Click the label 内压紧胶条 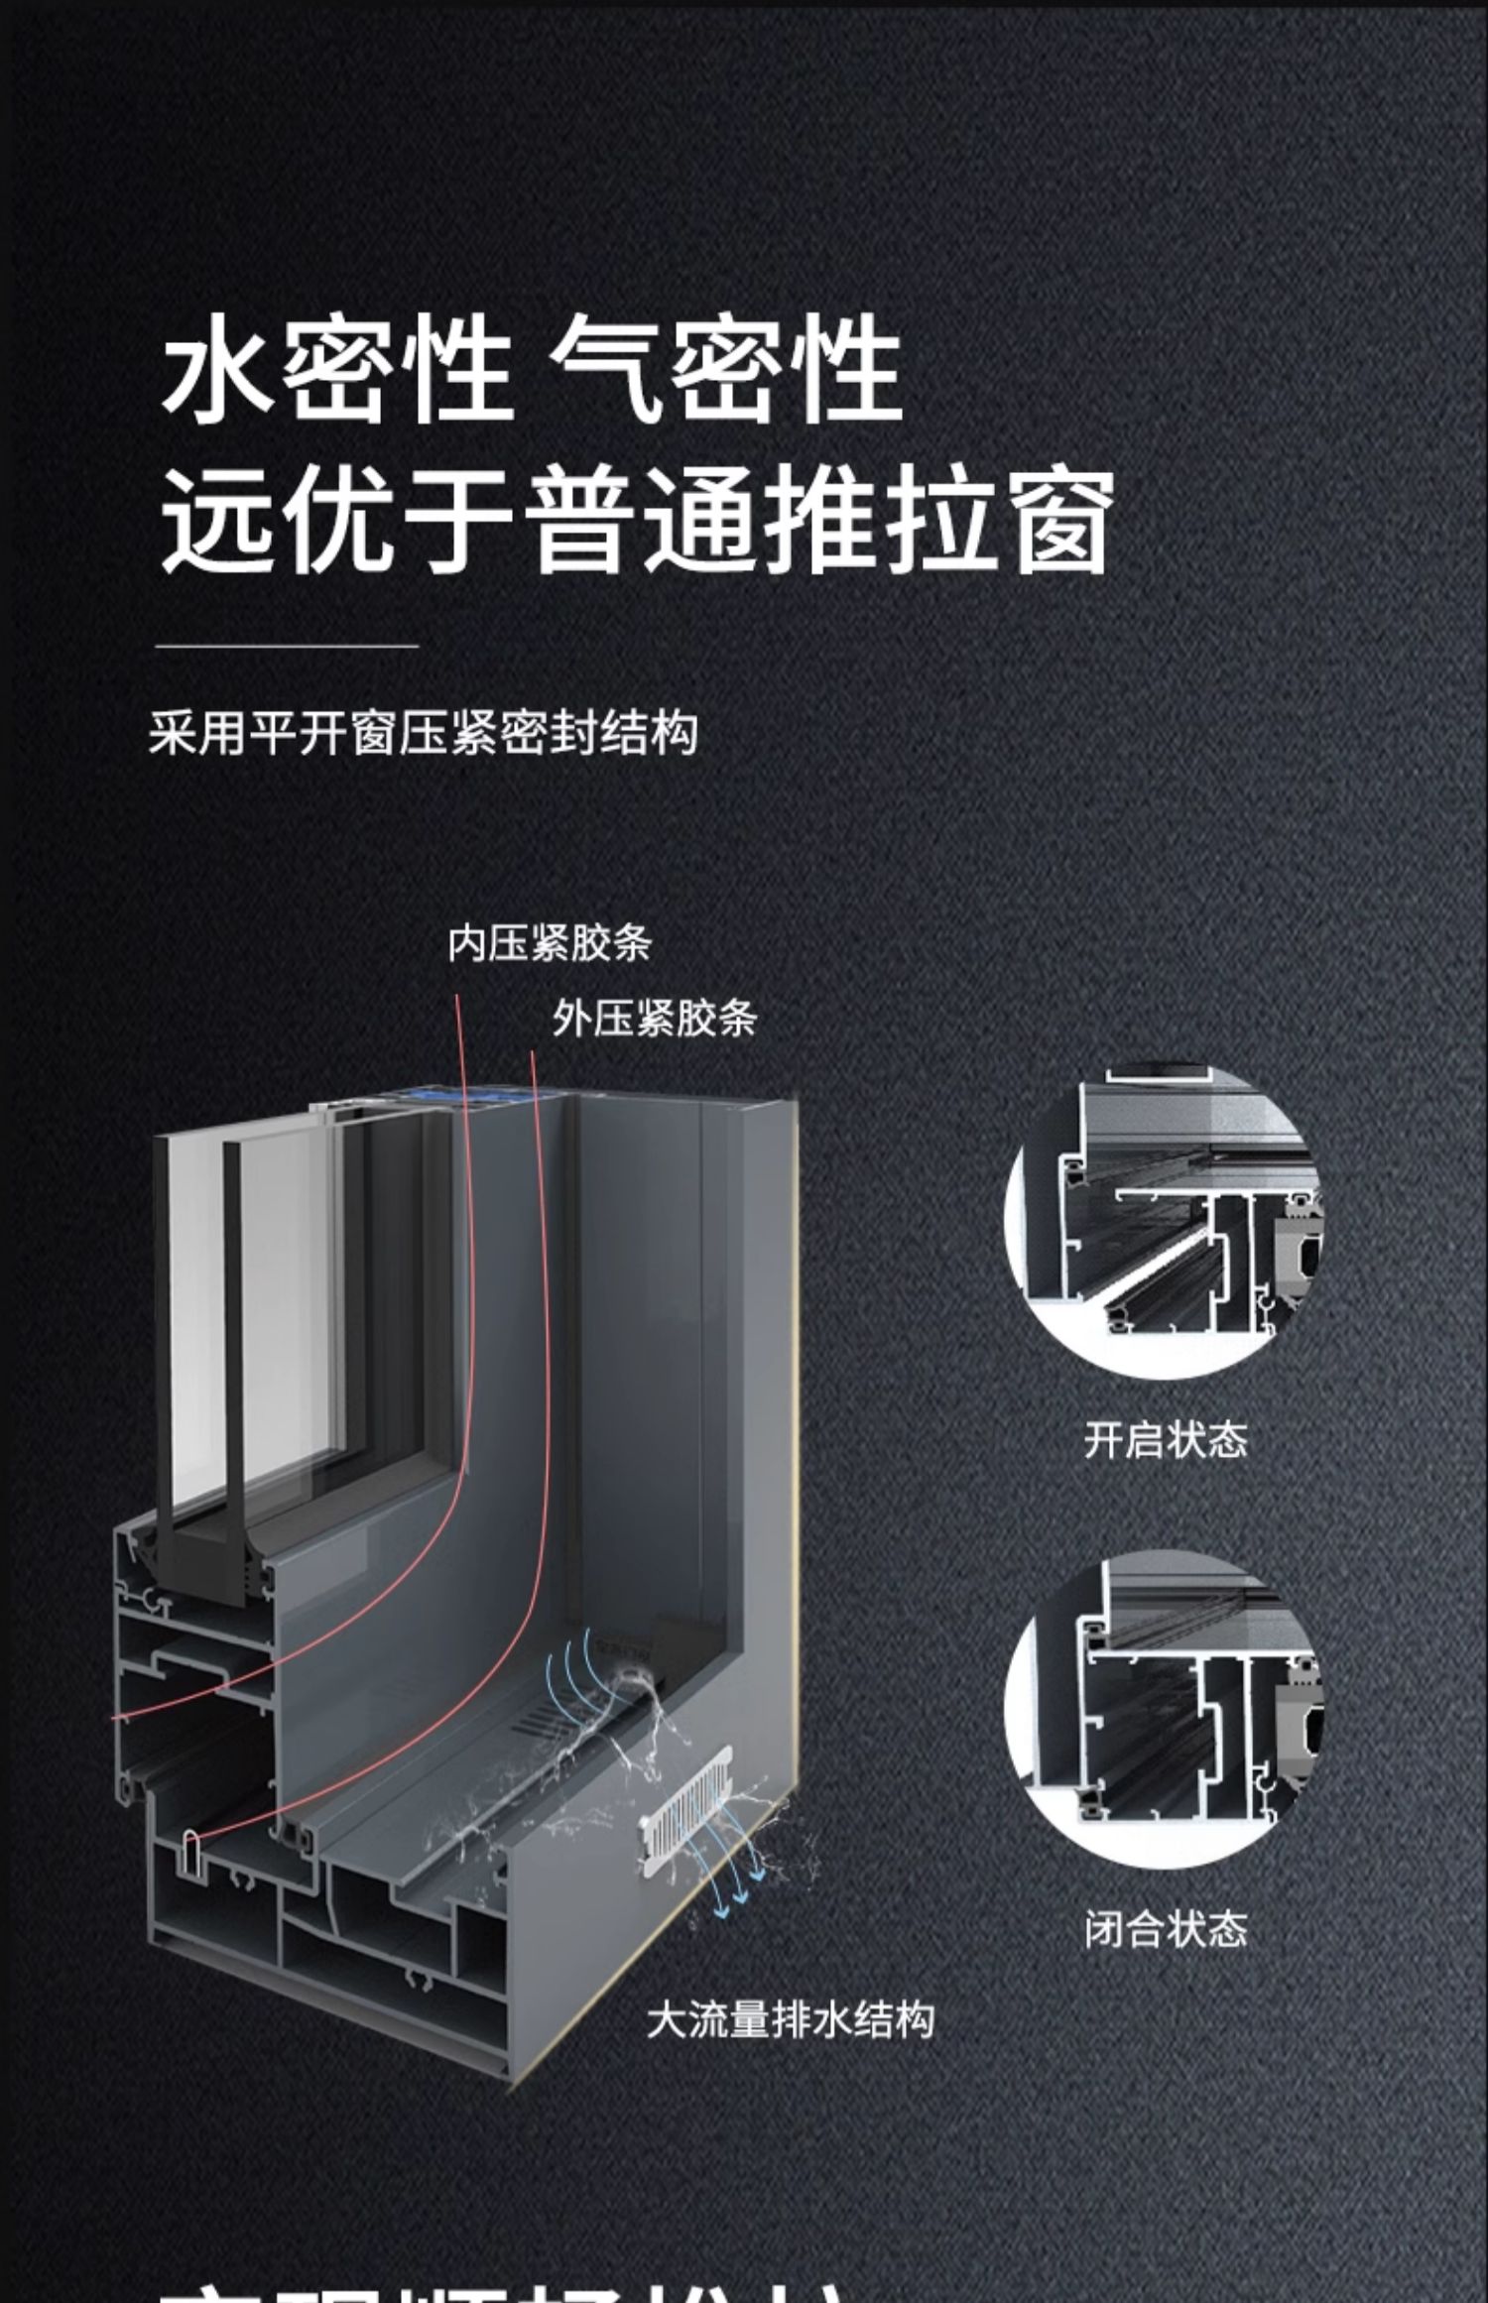(549, 943)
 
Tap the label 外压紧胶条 (655, 1019)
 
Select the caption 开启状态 (1165, 1439)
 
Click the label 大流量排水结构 (790, 2020)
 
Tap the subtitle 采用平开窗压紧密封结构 (423, 733)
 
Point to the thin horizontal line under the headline (287, 646)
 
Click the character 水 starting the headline (216, 369)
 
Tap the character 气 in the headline (605, 369)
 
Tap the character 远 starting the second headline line (216, 522)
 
